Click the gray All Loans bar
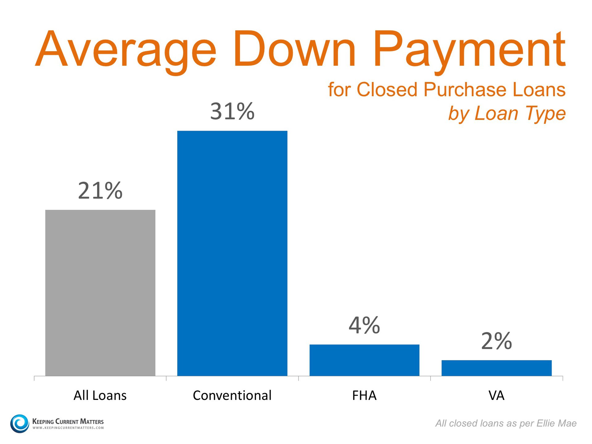[100, 293]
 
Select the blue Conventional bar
[232, 253]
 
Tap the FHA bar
[364, 360]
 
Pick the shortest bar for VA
[496, 368]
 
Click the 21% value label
[100, 191]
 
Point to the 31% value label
[232, 111]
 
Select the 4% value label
[364, 325]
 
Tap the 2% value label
[496, 341]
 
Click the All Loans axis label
[100, 395]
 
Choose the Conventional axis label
[232, 395]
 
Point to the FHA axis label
[364, 395]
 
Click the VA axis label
[496, 395]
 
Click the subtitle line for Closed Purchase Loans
[446, 90]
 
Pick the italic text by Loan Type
[507, 113]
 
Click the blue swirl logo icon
[20, 423]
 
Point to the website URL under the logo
[68, 428]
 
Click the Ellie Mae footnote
[506, 423]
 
